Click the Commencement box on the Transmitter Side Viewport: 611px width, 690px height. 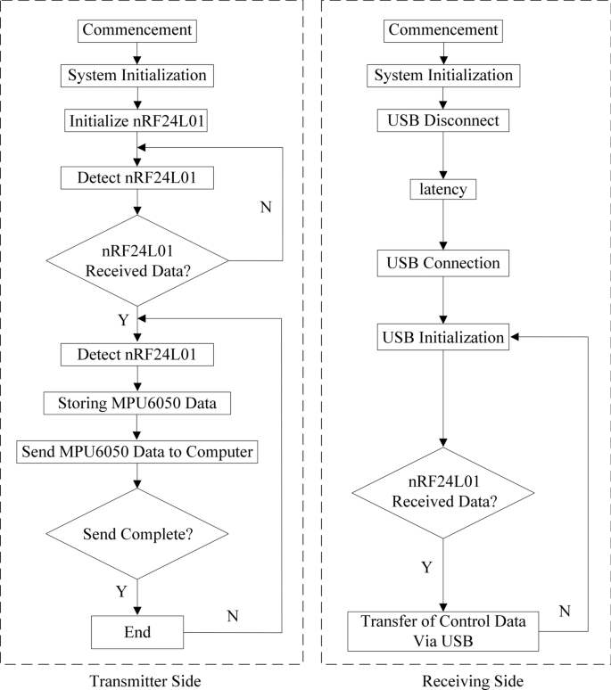[136, 30]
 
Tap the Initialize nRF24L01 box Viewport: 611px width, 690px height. [136, 119]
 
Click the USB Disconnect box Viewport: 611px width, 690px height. [443, 119]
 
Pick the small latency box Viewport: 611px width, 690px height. [443, 191]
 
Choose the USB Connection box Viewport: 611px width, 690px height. [443, 264]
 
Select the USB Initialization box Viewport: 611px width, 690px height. [443, 338]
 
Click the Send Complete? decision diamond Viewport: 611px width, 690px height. [136, 536]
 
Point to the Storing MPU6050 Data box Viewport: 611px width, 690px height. [136, 403]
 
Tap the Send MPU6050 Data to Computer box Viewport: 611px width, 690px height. [136, 452]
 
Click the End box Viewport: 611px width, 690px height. [136, 632]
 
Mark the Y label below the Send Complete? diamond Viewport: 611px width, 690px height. [121, 591]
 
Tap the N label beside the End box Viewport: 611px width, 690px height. [233, 615]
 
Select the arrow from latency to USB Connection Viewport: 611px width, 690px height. [443, 226]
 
